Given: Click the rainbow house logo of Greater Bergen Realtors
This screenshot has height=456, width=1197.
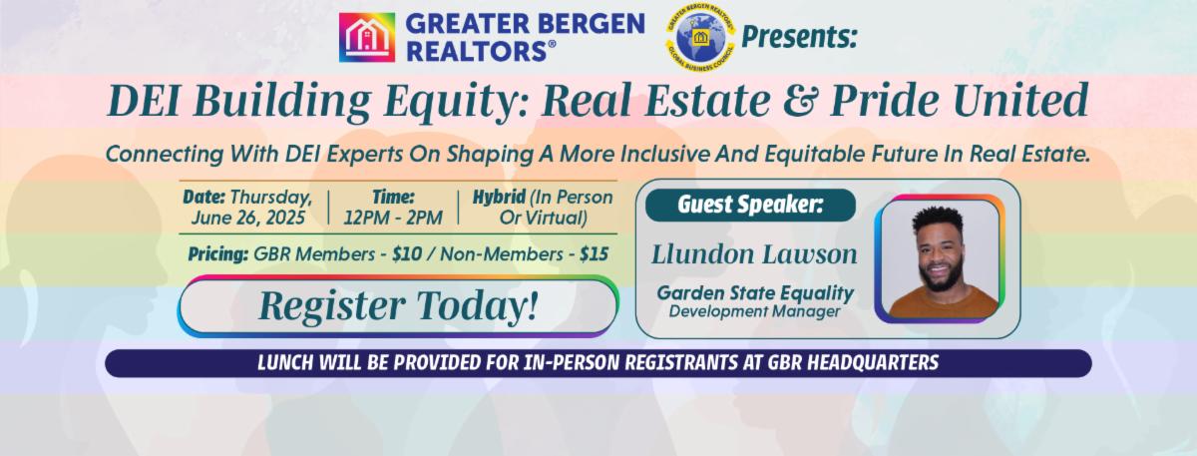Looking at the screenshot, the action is point(367,38).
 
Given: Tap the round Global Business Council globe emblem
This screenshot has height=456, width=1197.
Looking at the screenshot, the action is point(700,37).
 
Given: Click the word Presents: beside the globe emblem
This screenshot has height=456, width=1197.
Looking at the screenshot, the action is point(799,37).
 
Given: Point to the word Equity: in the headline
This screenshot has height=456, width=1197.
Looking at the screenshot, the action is point(457,103).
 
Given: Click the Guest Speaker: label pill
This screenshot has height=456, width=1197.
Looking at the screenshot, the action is point(750,205).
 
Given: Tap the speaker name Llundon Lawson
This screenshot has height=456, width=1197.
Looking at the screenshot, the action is point(754,253).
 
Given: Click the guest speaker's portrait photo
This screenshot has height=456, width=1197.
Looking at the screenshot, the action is point(940,258).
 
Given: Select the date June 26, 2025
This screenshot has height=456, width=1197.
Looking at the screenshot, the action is point(248,219).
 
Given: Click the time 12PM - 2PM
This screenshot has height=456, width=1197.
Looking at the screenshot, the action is point(393,219).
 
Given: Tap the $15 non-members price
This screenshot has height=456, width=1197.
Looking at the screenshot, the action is point(594,253).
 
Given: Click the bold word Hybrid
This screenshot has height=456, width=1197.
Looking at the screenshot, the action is point(499,197).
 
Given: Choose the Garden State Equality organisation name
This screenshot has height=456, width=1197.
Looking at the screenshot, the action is point(755,293).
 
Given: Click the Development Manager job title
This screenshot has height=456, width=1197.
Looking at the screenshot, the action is point(754,311).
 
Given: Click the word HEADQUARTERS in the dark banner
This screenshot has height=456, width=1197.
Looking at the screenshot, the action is point(873,363).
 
